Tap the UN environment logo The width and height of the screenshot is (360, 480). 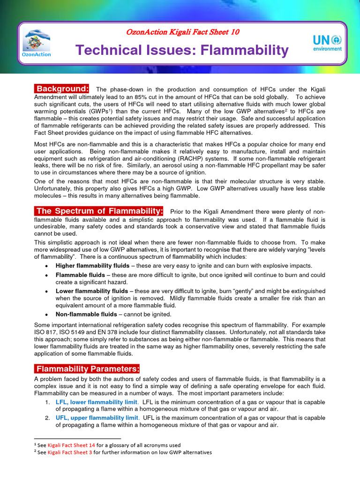click(x=327, y=43)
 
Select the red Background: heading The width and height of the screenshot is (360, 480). click(x=63, y=89)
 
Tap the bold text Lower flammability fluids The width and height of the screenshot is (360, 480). click(x=92, y=291)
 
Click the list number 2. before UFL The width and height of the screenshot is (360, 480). click(x=47, y=418)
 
